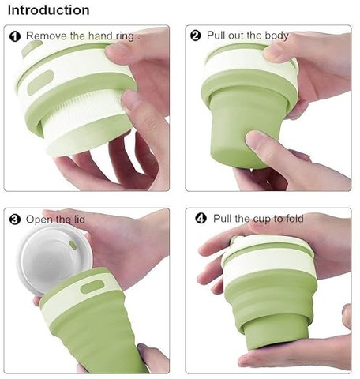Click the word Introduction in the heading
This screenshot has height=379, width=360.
tap(49, 10)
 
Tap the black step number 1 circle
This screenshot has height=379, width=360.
tap(15, 36)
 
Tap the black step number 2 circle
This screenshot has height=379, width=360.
tap(196, 36)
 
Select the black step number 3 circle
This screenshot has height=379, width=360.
tap(15, 220)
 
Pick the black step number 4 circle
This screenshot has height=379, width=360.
tap(201, 219)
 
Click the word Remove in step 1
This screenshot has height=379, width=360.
tap(47, 36)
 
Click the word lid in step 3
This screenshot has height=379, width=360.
tap(78, 219)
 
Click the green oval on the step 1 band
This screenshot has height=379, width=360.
tap(40, 82)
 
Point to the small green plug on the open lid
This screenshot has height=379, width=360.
tap(73, 245)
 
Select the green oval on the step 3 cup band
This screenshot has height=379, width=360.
tap(92, 287)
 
